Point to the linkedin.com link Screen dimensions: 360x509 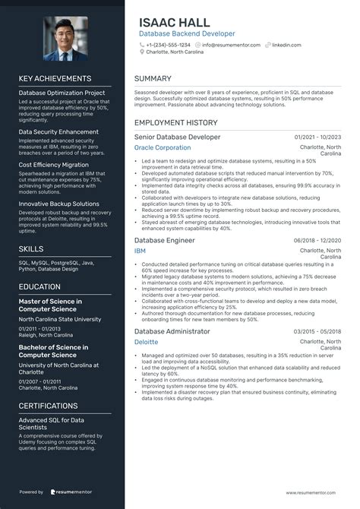(288, 45)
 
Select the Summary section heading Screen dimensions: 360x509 (154, 78)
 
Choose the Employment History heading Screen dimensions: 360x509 (175, 122)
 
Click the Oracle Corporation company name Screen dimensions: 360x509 (163, 147)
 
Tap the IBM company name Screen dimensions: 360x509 (140, 250)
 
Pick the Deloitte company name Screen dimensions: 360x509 (147, 342)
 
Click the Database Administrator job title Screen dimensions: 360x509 (172, 331)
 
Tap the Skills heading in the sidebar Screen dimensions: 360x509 (31, 248)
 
